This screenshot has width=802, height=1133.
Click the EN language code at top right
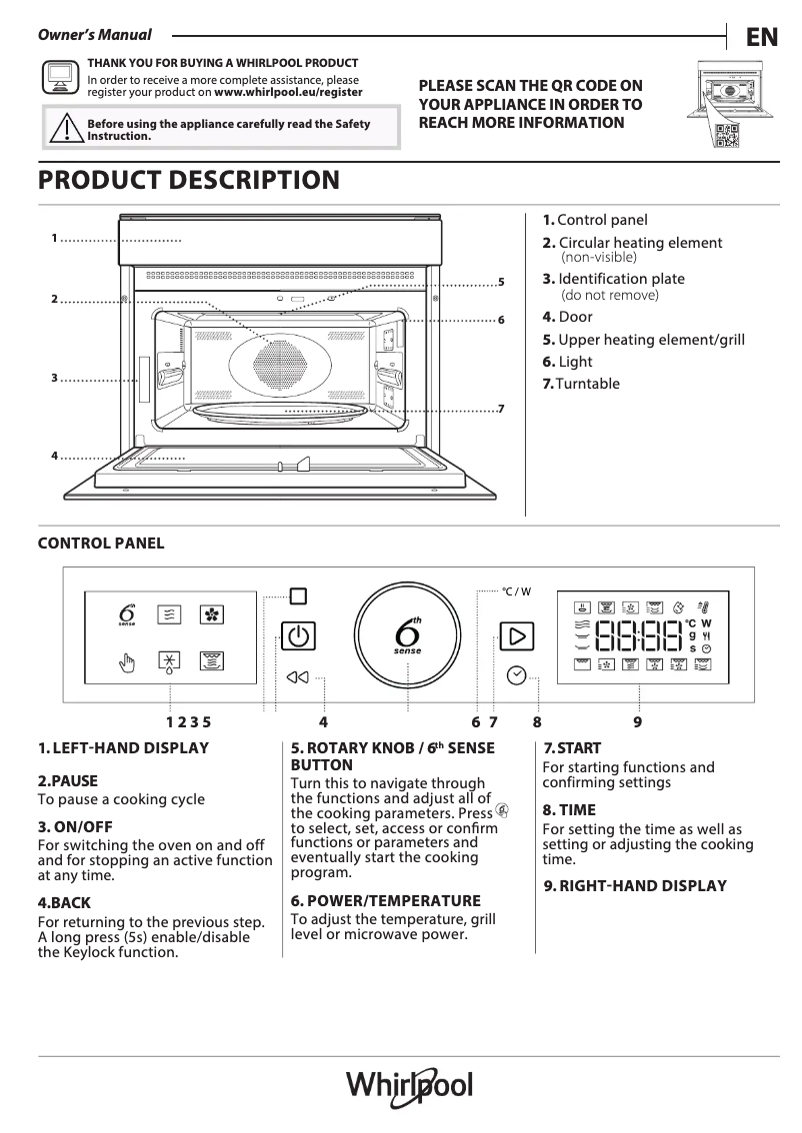coord(762,37)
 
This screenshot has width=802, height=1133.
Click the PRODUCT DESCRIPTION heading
coord(188,181)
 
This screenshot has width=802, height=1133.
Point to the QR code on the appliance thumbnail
coord(728,137)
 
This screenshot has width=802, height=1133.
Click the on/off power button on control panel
coord(297,636)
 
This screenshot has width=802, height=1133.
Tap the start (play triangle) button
coord(516,636)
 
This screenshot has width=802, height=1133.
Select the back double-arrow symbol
coord(297,677)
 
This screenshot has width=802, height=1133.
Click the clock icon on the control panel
coord(516,675)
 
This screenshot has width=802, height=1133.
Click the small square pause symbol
coord(297,596)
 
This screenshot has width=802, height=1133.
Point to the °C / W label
coord(516,591)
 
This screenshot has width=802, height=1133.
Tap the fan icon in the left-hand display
coord(211,614)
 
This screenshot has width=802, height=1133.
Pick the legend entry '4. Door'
coord(567,317)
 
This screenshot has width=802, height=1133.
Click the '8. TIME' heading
coord(569,810)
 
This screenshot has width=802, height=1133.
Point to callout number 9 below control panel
coord(637,721)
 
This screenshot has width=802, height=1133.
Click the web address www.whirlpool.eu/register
coord(288,91)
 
